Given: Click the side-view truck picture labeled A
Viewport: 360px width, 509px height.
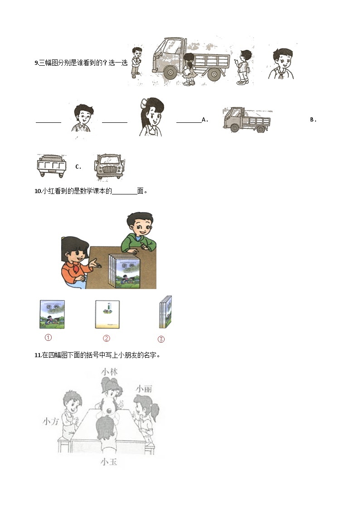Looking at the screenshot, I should tap(246, 120).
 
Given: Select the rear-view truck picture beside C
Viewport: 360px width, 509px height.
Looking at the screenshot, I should tap(51, 166).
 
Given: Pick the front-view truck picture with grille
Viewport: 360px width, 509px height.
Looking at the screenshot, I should tap(109, 166).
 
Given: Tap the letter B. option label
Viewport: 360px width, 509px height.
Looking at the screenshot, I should tap(313, 120).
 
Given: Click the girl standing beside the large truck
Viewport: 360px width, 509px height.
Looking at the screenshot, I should tap(189, 69).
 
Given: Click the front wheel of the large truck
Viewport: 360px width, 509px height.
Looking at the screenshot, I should tap(170, 73).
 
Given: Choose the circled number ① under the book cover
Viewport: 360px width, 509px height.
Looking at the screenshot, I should tap(48, 338).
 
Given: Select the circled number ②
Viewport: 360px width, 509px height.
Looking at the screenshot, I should tap(107, 338).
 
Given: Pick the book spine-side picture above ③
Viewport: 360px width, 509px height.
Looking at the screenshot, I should tap(166, 312).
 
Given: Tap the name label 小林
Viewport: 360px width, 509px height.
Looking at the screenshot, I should tap(110, 372).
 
